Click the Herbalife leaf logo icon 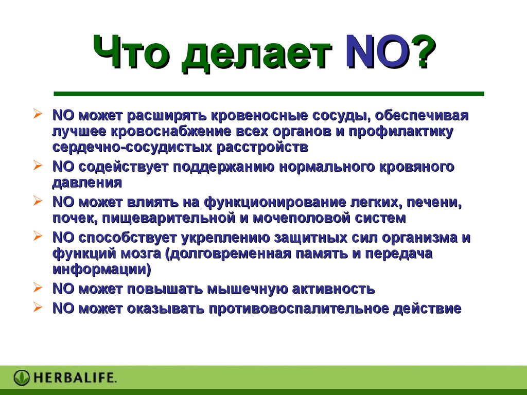point(22,378)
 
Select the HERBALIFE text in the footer point(75,378)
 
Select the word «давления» point(87,183)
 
